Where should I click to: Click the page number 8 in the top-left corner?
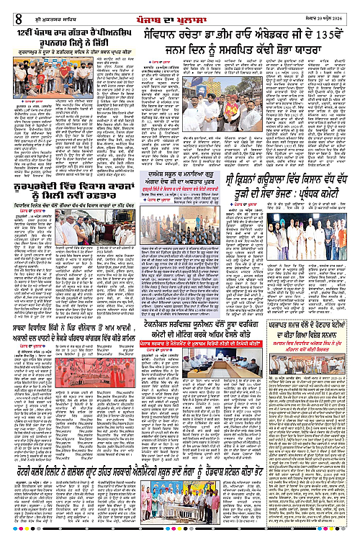pyautogui.click(x=16, y=9)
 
